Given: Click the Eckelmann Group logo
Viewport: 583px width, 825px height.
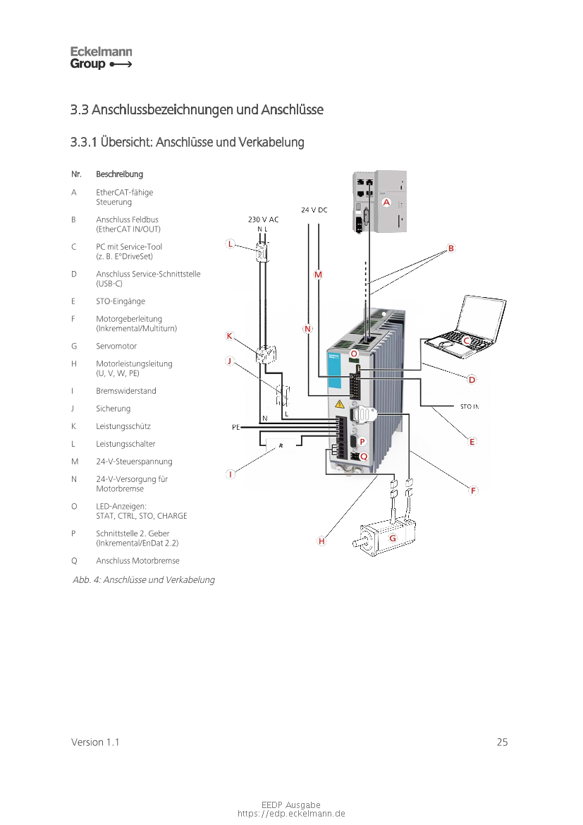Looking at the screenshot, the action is pos(101,58).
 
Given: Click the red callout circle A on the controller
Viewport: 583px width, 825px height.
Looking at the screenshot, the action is pos(386,202).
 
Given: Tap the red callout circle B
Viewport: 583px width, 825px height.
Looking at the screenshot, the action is pos(450,248).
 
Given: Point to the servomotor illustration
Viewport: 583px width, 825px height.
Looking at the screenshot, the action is pos(386,537).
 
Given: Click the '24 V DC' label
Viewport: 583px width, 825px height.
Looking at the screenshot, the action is pos(314,210).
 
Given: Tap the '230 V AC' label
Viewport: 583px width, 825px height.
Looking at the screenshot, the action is pos(264,219).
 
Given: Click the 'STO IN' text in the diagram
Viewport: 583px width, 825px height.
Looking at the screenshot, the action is pos(470,407).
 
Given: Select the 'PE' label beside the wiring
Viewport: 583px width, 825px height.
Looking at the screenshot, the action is pos(235,427).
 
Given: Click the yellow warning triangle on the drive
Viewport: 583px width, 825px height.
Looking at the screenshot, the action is pos(340,404).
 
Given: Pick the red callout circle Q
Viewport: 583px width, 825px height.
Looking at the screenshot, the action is pos(364,457).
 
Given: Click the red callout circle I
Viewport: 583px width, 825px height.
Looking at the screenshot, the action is pos(231,474).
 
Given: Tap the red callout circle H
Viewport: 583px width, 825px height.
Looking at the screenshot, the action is pos(321,541).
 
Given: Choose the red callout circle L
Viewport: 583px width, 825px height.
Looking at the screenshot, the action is pos(230,244).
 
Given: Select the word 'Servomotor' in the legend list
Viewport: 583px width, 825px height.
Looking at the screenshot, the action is pos(116,347).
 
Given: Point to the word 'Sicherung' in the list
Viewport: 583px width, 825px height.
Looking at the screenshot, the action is pos(113,409).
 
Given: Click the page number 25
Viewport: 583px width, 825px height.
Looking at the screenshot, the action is pos(502,742).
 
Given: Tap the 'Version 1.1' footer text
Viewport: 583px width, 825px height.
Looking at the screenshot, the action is pos(95,742).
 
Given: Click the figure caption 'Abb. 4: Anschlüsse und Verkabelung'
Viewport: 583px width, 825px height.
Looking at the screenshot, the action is pos(144,580).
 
